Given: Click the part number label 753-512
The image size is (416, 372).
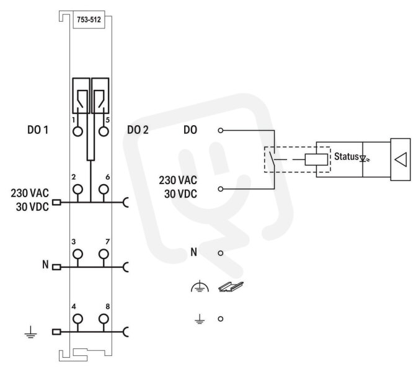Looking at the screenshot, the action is point(89,20).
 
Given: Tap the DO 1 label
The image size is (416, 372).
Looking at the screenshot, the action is point(38,130).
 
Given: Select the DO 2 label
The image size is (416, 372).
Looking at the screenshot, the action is point(138,130).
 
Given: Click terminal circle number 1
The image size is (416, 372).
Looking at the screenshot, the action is point(77,131).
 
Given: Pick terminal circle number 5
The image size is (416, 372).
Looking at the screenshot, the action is point(104,131).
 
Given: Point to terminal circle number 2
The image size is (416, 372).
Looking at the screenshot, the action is point(77,190).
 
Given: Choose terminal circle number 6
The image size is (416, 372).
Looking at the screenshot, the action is point(104,190).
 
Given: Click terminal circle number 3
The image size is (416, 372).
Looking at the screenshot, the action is point(77,254).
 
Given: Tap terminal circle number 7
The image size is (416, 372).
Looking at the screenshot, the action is point(104,254).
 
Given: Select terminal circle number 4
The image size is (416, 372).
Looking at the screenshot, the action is point(77,319).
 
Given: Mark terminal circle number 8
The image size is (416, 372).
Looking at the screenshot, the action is point(104,319).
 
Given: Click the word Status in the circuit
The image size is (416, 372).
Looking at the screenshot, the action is point(346,156).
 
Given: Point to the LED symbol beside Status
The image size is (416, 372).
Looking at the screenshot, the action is point(364,159).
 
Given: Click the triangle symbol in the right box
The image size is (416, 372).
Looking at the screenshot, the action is point(401,160).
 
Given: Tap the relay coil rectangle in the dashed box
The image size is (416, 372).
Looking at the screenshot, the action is point(316,160).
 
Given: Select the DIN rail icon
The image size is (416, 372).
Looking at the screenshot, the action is point(231,287).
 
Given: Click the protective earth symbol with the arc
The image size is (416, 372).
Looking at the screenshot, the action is point(200,287).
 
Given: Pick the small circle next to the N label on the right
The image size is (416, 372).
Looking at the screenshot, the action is point(221,253).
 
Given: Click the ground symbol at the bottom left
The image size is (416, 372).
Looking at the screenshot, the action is point(31,332).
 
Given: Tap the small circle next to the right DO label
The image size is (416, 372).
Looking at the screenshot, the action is point(221,130).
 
